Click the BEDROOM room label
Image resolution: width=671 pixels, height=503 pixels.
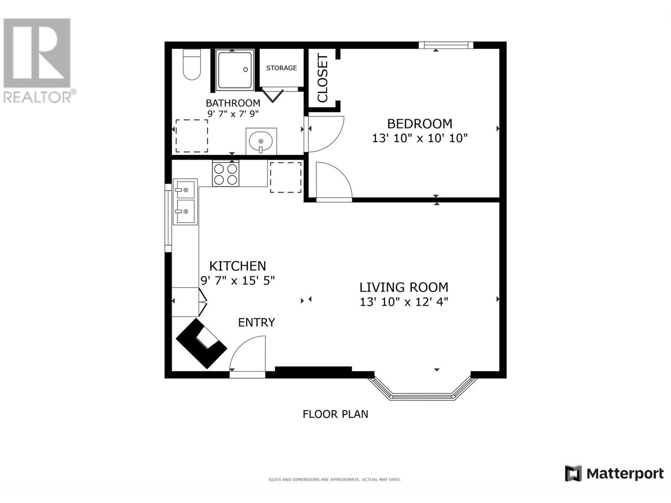(419, 124)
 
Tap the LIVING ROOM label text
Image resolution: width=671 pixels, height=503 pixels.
(403, 288)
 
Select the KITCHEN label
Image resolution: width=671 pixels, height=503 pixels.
(237, 266)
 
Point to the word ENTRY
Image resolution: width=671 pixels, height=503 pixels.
(257, 322)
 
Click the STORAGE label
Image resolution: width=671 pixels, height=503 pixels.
(281, 68)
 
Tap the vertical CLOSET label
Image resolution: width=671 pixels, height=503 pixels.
(322, 78)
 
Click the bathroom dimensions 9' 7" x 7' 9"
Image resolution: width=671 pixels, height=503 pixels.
(233, 114)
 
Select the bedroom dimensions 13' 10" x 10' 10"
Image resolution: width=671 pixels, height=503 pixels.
(419, 138)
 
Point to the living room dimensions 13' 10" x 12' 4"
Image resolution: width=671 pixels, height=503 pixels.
(403, 302)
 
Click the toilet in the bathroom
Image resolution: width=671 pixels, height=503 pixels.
(192, 64)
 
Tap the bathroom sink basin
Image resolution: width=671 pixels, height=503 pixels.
(261, 142)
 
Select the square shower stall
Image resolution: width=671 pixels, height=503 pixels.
(235, 70)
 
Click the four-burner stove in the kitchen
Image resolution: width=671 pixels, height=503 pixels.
(226, 174)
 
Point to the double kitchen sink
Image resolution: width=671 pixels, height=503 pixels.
(185, 202)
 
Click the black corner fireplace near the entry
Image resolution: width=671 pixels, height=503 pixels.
(201, 344)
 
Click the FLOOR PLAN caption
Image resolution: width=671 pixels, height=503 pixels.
(335, 414)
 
